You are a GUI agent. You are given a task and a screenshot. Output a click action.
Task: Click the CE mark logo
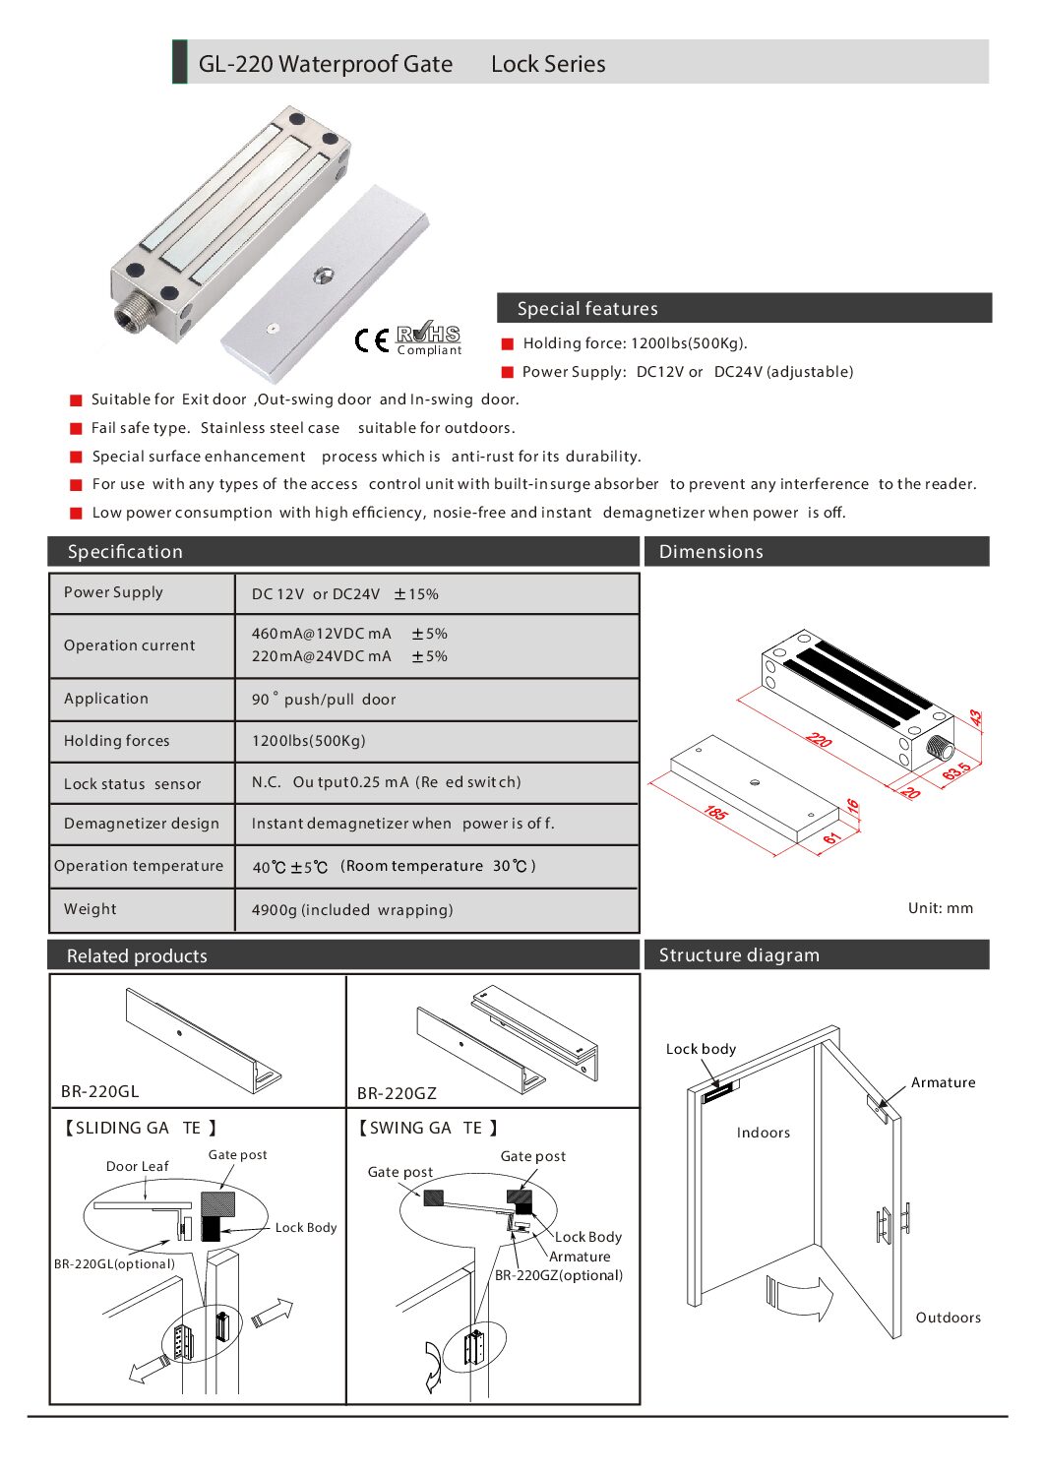[371, 340]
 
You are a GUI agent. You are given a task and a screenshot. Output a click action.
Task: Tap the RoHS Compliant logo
[428, 338]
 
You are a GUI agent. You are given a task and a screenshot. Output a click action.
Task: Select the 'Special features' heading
[587, 309]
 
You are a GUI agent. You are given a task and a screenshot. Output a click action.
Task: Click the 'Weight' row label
[91, 909]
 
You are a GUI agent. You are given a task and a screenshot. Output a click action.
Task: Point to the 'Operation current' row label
[129, 645]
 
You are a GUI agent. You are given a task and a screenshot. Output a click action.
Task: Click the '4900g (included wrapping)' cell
[352, 910]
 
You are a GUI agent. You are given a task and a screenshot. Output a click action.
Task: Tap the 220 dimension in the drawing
[819, 739]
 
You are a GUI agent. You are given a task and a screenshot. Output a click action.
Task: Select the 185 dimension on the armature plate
[715, 813]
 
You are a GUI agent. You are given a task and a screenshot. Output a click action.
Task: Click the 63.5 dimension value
[956, 770]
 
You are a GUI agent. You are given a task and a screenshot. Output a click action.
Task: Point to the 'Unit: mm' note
[940, 908]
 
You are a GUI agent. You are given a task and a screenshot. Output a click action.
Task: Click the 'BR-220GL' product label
[100, 1091]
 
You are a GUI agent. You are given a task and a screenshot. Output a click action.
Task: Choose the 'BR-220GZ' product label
[397, 1093]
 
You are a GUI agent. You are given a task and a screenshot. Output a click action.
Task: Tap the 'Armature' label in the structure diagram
[943, 1082]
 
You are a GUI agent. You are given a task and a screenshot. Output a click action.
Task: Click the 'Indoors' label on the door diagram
[763, 1133]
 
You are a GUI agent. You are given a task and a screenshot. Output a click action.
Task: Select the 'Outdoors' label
[948, 1318]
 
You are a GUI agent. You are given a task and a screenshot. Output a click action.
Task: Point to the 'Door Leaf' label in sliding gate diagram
[137, 1166]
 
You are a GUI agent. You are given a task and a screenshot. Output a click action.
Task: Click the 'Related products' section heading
[137, 955]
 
